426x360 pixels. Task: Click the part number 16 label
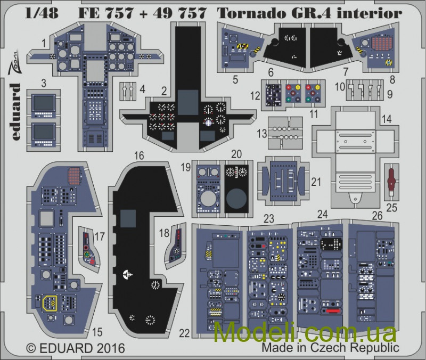(x=139, y=156)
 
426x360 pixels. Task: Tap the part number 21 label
(x=316, y=182)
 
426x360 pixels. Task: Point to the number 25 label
(x=391, y=208)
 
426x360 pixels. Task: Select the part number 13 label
(x=262, y=134)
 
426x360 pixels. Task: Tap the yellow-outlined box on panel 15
(x=50, y=303)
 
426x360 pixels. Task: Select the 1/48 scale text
(x=42, y=13)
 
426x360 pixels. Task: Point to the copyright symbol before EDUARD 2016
(x=31, y=348)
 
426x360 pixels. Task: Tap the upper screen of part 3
(x=44, y=103)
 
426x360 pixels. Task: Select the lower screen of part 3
(x=44, y=132)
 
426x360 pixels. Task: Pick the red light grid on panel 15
(x=74, y=176)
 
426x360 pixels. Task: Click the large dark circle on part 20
(x=236, y=198)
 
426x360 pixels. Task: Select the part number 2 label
(x=164, y=91)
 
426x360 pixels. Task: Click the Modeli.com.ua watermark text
(x=305, y=332)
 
